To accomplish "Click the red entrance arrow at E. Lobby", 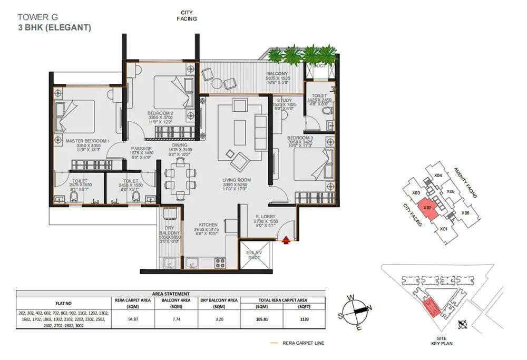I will coord(286,240).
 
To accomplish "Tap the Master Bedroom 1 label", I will coord(86,141).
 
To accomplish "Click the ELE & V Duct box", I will coord(258,255).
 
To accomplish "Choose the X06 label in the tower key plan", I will coord(465,212).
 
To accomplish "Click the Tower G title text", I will coord(36,17).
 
